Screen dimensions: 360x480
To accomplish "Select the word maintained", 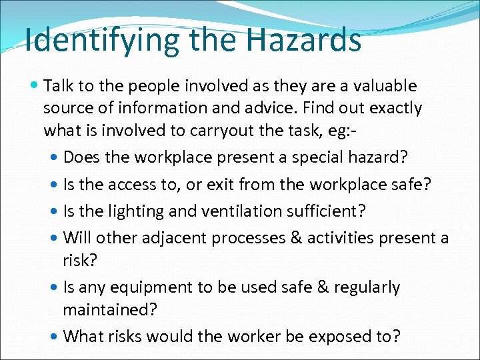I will (103, 310).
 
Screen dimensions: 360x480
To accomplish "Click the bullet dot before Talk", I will (34, 86).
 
